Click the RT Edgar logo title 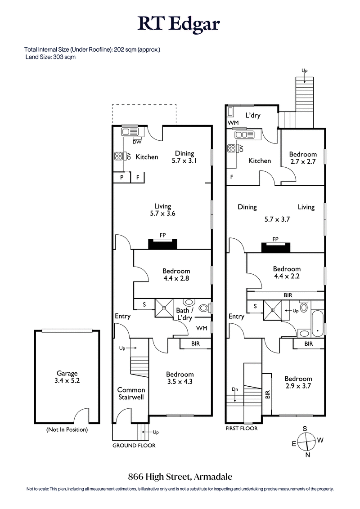[180, 23]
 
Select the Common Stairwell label [131, 393]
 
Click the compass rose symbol [306, 441]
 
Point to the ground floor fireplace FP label [162, 235]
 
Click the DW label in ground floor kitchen [138, 143]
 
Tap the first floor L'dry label [253, 116]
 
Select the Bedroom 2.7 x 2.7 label [302, 158]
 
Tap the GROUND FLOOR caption [134, 446]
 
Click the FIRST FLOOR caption [242, 429]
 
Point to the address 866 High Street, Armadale [180, 476]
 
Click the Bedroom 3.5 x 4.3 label [180, 378]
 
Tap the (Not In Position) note [67, 429]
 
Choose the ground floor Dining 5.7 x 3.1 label [184, 156]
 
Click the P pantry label [121, 178]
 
